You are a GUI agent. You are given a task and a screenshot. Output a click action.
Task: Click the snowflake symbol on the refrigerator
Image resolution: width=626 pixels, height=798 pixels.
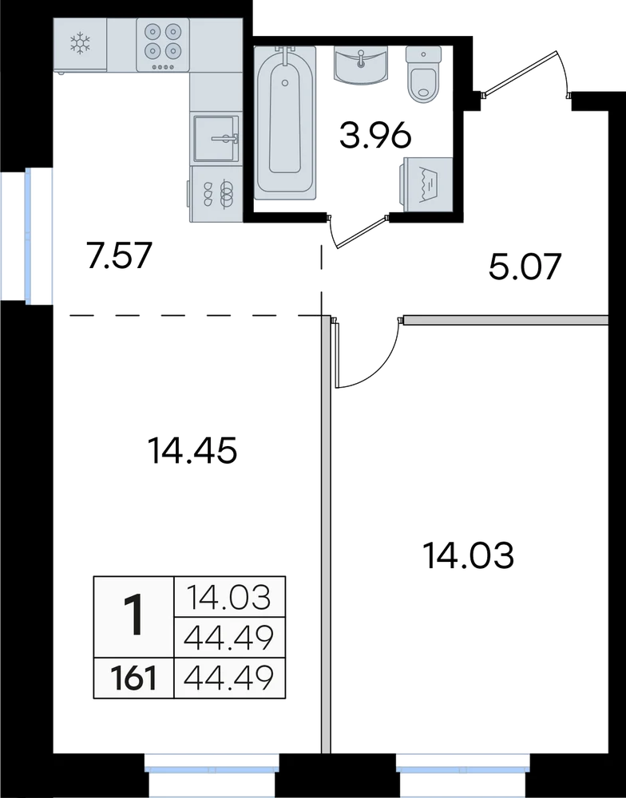[x=80, y=44]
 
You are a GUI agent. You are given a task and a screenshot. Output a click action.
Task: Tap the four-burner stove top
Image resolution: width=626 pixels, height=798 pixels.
[x=162, y=45]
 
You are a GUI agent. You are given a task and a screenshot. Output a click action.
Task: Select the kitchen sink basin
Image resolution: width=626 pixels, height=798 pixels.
[x=216, y=138]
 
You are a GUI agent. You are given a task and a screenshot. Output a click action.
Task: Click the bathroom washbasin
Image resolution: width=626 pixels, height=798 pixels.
[x=361, y=65]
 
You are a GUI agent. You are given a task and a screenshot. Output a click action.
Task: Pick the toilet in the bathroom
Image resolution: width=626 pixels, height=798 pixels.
[x=423, y=75]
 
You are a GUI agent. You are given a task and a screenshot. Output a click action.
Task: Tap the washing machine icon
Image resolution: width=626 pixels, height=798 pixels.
[x=428, y=184]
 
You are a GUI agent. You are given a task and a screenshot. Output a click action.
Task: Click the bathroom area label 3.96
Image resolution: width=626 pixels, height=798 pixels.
[x=375, y=136]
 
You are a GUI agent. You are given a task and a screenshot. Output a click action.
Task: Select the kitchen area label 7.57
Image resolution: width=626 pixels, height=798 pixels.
[x=119, y=255]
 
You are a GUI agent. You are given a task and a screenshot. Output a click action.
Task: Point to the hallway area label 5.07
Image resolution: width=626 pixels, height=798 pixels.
[x=525, y=267]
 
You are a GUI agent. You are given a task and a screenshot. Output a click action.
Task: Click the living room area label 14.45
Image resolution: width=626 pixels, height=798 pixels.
[x=192, y=451]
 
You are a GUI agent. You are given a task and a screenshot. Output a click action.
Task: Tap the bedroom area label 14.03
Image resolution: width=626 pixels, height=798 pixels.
[x=469, y=555]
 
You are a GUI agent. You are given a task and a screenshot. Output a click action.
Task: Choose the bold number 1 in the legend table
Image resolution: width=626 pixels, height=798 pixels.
[x=134, y=616]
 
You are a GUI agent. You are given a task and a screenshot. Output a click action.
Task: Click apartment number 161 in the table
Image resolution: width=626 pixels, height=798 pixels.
[x=134, y=678]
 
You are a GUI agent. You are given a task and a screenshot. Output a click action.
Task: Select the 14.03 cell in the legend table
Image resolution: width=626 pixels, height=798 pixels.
[x=228, y=597]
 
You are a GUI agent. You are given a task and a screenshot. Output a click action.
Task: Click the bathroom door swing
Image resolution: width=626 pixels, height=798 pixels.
[x=359, y=232]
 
